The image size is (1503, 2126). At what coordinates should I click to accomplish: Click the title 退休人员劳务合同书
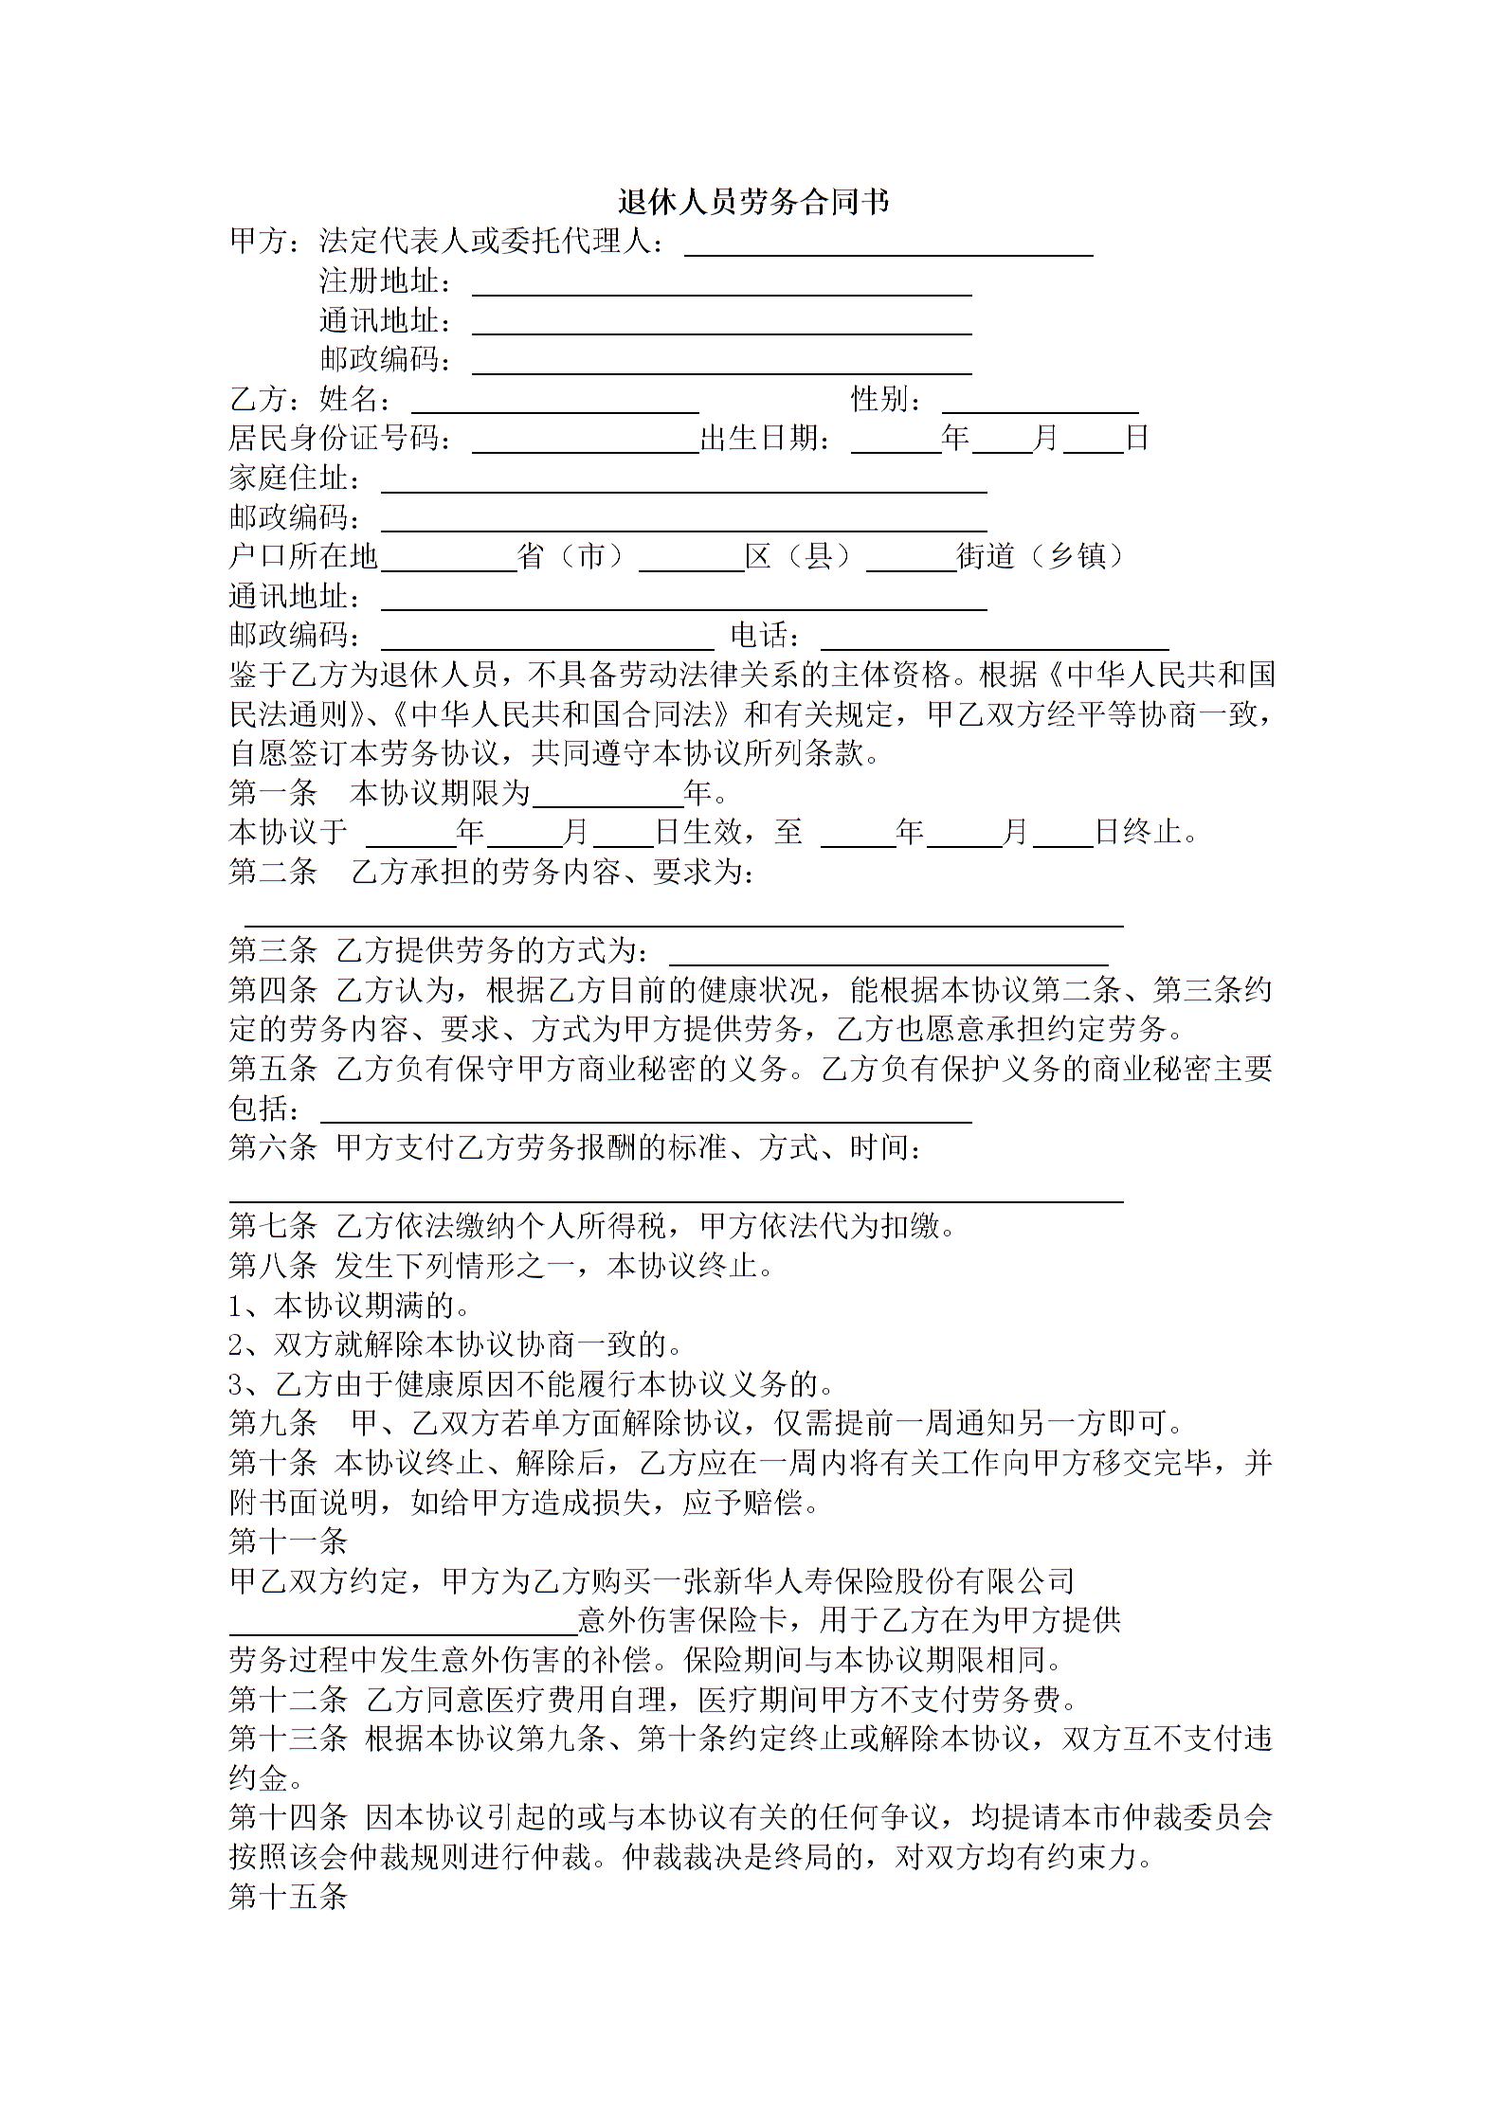[x=752, y=201]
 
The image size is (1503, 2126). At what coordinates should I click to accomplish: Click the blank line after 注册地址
[x=721, y=284]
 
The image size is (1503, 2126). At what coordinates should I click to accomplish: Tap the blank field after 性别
[x=1040, y=402]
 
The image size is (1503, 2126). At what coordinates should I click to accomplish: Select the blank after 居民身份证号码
[x=585, y=441]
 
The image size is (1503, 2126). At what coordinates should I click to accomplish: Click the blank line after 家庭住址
[x=683, y=481]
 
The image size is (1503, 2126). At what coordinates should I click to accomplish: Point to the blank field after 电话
[x=994, y=638]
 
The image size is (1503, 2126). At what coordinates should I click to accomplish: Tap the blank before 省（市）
[x=447, y=560]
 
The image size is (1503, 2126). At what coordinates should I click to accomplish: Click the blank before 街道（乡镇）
[x=911, y=560]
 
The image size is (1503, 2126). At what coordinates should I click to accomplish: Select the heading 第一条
[x=272, y=793]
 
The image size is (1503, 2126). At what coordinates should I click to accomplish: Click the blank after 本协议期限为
[x=607, y=796]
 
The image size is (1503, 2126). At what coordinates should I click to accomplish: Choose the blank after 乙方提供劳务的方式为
[x=888, y=953]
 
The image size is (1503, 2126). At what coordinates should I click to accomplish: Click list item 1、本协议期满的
[x=349, y=1306]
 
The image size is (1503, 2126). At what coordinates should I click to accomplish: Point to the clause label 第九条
[x=272, y=1423]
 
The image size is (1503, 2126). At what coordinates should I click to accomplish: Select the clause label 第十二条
[x=287, y=1700]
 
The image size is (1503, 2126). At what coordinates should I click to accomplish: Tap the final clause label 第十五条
[x=287, y=1897]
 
